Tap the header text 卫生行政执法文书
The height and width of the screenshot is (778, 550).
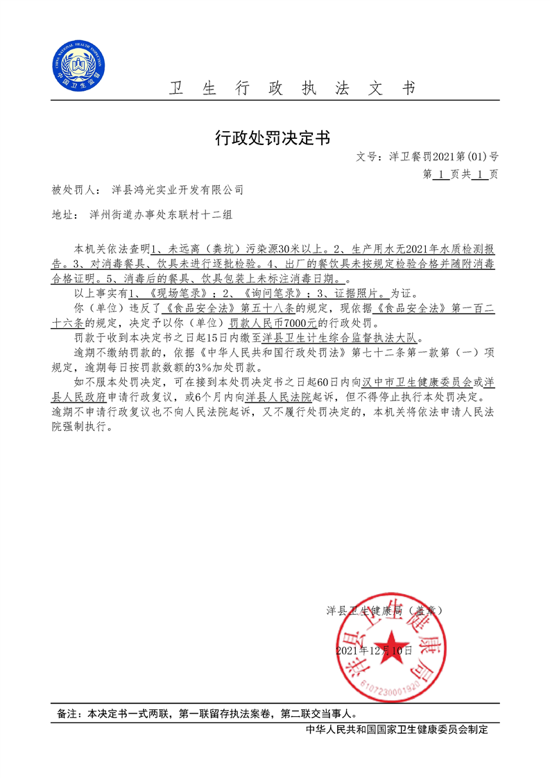[292, 88]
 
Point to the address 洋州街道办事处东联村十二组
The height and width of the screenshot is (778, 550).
[161, 215]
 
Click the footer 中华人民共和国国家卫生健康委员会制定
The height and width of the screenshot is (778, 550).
[397, 729]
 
